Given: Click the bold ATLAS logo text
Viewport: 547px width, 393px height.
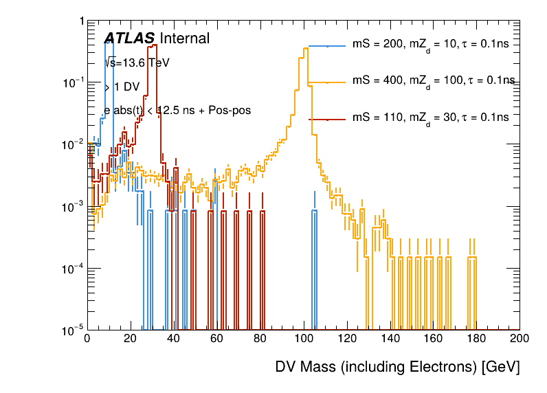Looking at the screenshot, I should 129,39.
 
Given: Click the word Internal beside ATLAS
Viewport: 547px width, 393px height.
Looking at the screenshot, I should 184,39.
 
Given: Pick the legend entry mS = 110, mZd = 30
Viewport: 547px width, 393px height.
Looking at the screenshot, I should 430,117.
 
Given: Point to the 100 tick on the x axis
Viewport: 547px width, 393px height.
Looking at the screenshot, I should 303,338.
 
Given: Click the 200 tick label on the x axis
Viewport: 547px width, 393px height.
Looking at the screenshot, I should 520,338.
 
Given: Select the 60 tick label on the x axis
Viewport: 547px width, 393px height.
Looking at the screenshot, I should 216,338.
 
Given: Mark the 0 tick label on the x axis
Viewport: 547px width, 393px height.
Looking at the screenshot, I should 87,338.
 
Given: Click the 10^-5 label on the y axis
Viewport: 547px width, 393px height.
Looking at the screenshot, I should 71,330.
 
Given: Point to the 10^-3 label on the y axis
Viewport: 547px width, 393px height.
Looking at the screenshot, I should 71,207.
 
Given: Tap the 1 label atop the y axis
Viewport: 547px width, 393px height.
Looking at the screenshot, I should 80,21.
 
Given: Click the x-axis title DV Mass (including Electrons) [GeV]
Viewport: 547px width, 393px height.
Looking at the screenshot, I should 397,367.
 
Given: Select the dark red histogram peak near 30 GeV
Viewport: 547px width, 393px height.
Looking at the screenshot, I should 153,46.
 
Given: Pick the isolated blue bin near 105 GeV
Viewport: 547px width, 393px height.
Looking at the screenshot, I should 314,212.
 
